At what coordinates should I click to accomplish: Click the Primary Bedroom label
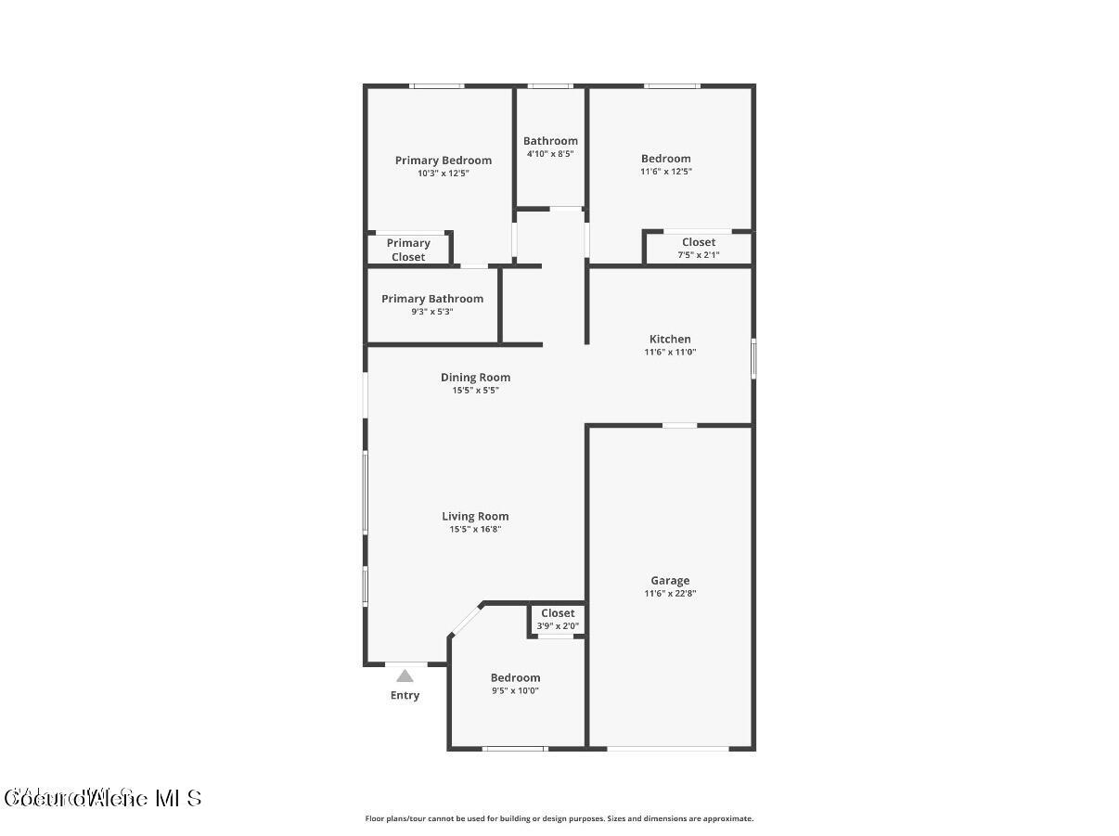[443, 161]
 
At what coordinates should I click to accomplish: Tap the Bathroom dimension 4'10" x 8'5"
[550, 154]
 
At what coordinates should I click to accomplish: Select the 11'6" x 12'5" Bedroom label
[665, 159]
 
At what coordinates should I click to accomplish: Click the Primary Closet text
[408, 250]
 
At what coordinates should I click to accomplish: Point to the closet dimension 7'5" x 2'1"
[698, 254]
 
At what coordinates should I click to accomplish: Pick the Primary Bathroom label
[432, 299]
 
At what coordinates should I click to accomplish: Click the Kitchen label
[669, 340]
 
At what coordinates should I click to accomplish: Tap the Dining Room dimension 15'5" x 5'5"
[475, 391]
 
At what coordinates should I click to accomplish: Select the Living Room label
[475, 517]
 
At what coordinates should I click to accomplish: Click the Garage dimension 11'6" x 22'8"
[669, 594]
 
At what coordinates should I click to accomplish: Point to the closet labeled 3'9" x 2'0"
[558, 619]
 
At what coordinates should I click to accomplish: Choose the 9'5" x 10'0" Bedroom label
[515, 678]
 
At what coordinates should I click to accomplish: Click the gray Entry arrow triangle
[405, 676]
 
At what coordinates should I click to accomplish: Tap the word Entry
[405, 695]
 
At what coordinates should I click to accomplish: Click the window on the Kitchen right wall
[753, 359]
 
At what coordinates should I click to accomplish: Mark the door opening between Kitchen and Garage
[679, 426]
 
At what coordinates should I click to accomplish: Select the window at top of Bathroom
[550, 86]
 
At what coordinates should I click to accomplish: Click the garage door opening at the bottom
[668, 748]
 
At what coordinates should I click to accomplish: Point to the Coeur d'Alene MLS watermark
[102, 798]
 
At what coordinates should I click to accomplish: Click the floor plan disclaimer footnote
[559, 818]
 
